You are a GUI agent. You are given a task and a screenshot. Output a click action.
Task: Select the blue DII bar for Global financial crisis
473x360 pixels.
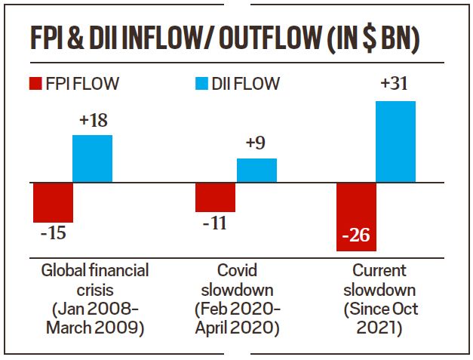pos(92,158)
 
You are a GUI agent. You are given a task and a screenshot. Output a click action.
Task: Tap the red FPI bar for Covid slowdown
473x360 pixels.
pos(215,197)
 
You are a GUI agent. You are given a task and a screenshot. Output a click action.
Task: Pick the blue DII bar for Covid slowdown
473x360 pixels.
pos(256,171)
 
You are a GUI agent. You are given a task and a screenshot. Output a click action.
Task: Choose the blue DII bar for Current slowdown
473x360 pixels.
pos(395,142)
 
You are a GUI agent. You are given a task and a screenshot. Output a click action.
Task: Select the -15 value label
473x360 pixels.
pos(53,233)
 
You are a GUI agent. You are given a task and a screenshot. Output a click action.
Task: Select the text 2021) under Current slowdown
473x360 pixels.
pos(381,328)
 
